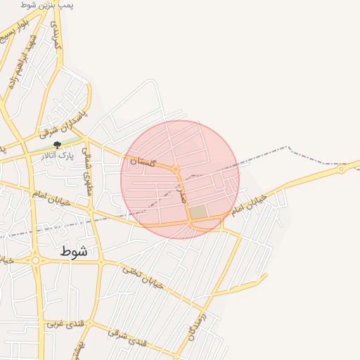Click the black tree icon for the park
(58, 145)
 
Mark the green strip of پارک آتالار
(42, 148)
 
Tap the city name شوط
(74, 251)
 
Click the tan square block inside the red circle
(198, 212)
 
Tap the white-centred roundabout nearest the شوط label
(34, 260)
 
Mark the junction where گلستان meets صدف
(176, 169)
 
